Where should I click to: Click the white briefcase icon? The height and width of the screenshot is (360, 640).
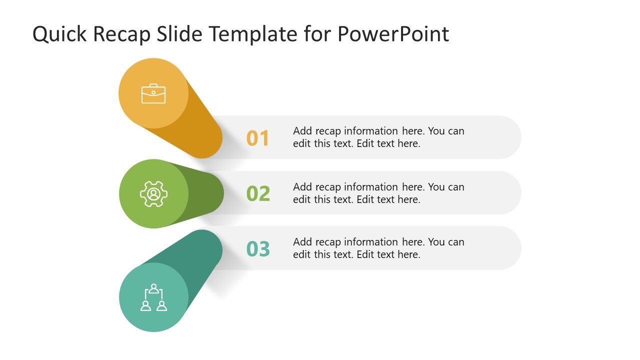point(153,93)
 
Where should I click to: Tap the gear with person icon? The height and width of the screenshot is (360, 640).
point(153,194)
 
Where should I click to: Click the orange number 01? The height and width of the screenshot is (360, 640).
point(258,138)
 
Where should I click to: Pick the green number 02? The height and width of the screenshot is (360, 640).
point(258,194)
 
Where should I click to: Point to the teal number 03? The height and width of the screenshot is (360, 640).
point(258,249)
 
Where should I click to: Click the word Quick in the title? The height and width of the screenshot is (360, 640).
point(59,34)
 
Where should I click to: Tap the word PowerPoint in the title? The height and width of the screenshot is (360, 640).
point(393,34)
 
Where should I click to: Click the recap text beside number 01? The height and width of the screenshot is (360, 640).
point(378,137)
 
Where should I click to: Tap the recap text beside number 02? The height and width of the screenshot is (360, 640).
point(378,193)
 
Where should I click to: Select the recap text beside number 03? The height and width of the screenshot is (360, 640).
point(378,248)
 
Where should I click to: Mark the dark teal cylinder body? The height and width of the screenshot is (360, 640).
point(200,260)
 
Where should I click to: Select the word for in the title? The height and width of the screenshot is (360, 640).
point(317,34)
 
